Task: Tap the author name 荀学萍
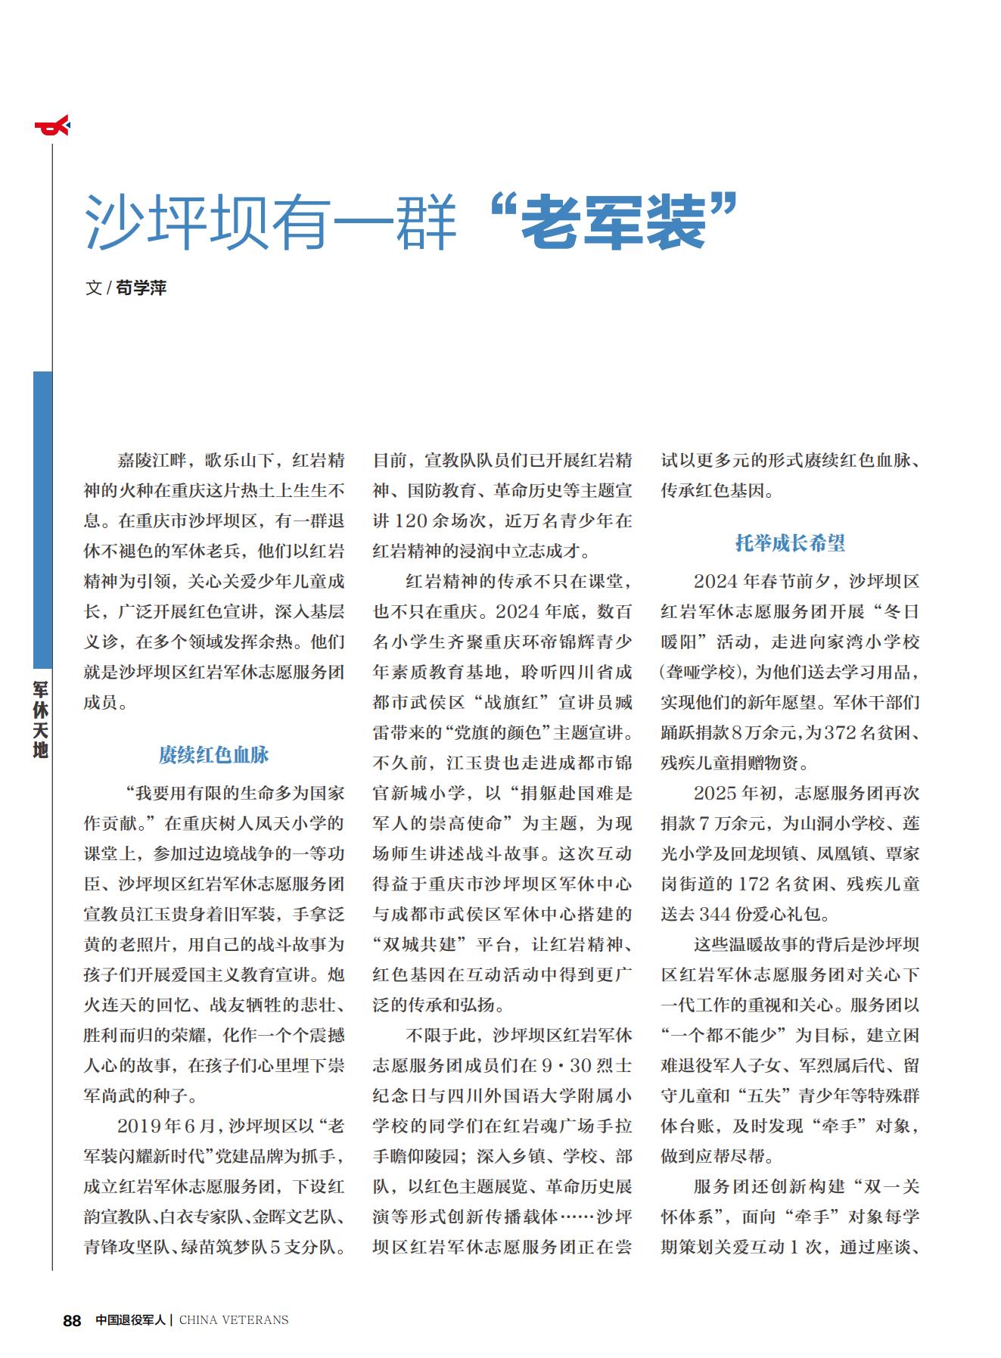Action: tap(141, 287)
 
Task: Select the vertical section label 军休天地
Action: tap(41, 719)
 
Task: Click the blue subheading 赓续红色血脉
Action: tap(214, 755)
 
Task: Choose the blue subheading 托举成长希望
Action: tap(790, 543)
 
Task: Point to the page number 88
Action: tap(72, 1320)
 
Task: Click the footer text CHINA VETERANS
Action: tap(234, 1320)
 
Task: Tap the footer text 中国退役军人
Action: tap(130, 1320)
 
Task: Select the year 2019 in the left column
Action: tap(139, 1126)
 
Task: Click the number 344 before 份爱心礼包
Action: tap(715, 915)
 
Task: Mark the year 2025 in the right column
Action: tap(715, 794)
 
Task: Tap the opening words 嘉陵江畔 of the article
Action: tap(150, 461)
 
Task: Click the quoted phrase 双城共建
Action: tap(412, 945)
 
